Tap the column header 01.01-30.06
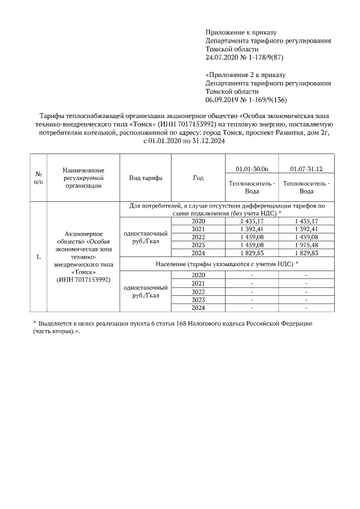pyautogui.click(x=251, y=169)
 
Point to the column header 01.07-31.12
pyautogui.click(x=306, y=169)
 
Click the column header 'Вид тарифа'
pyautogui.click(x=145, y=178)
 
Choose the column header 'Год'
pyautogui.click(x=198, y=178)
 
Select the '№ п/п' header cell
pyautogui.click(x=38, y=178)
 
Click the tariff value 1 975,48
pyautogui.click(x=306, y=245)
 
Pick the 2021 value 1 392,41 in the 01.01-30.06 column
pyautogui.click(x=251, y=229)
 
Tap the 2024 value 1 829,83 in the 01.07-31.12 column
pyautogui.click(x=306, y=253)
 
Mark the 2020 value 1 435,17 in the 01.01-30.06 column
pyautogui.click(x=251, y=221)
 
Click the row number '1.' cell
pyautogui.click(x=38, y=257)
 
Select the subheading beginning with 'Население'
pyautogui.click(x=227, y=263)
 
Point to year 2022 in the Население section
pyautogui.click(x=198, y=291)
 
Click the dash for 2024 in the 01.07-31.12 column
pyautogui.click(x=306, y=308)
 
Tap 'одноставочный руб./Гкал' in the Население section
pyautogui.click(x=145, y=291)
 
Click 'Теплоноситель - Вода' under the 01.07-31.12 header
pyautogui.click(x=306, y=187)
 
